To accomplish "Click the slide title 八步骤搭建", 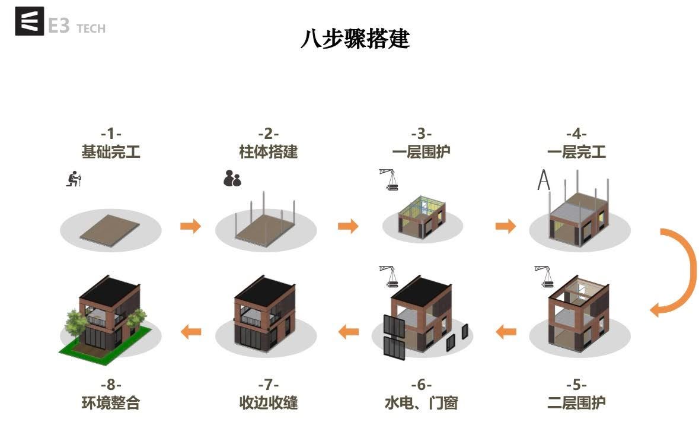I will pos(355,39).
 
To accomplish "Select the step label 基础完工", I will pos(111,152).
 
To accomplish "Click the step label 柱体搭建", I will pos(268,152).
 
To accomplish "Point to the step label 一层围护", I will pos(422,152).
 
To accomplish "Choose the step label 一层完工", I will pos(576,152).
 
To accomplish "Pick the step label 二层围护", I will pos(576,403).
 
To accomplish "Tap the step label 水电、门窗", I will pos(422,403).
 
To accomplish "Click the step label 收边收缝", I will pos(268,403).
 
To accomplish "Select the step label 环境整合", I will pos(111,403).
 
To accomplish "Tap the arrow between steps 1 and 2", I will pos(190,226).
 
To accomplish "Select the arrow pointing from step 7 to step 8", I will pos(190,331).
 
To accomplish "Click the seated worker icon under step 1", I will pos(73,179).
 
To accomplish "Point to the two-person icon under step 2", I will pos(232,178).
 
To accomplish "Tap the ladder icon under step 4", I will pos(543,180).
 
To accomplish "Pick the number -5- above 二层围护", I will pos(576,385).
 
